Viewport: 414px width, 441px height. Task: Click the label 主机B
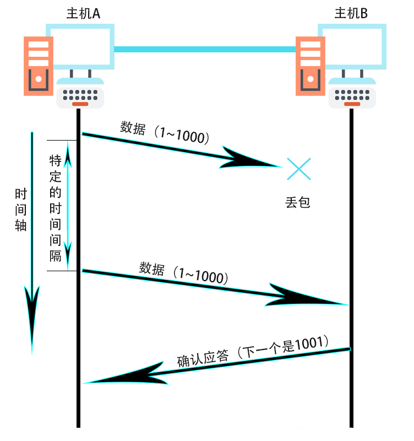click(351, 12)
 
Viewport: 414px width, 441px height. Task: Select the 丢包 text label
click(298, 202)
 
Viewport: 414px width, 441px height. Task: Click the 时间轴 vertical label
click(21, 210)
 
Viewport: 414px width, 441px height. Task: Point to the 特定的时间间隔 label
click(56, 208)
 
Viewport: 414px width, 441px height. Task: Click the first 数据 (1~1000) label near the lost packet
click(165, 133)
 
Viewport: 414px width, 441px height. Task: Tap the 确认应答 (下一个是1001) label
click(253, 351)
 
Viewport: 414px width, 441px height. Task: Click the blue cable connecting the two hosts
click(205, 50)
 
